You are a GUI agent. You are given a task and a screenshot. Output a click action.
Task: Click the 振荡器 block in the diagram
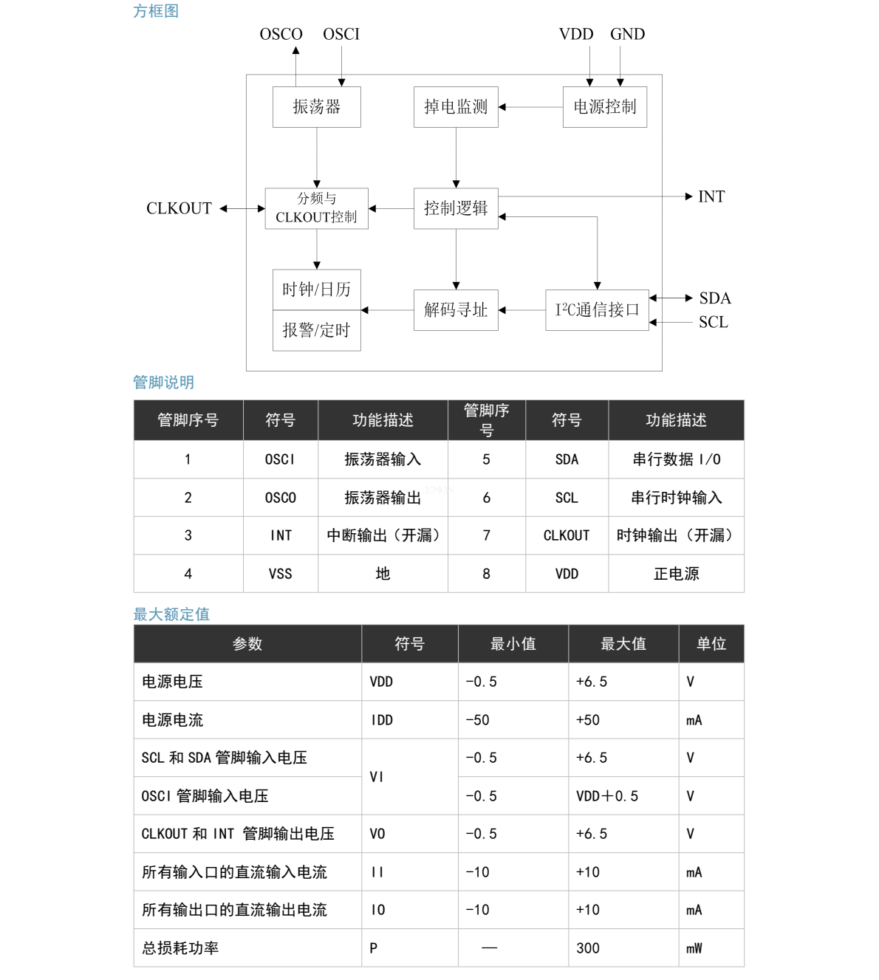[316, 107]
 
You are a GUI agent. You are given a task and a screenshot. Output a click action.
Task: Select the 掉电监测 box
[456, 107]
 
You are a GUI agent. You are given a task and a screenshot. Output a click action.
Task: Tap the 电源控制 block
[605, 107]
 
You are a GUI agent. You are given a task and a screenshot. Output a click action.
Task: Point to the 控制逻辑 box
[456, 208]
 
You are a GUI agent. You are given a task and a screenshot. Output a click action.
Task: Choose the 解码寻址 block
[456, 310]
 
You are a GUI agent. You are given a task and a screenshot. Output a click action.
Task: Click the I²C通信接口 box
[597, 310]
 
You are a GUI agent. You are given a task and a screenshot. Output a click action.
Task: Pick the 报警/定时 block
[316, 330]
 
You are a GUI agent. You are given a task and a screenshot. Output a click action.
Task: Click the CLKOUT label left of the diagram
[179, 208]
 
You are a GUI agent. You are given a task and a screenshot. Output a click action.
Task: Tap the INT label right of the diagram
[711, 196]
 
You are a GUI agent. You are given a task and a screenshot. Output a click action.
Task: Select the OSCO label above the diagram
[281, 34]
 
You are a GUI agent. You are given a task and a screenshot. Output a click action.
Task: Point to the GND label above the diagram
[627, 34]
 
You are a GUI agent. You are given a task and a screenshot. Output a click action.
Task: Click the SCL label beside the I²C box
[713, 322]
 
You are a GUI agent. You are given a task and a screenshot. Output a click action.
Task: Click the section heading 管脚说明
[163, 382]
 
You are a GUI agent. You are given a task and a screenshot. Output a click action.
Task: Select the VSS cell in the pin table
[281, 574]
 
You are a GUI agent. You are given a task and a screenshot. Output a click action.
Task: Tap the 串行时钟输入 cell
[677, 497]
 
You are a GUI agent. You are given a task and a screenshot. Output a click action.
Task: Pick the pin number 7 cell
[487, 535]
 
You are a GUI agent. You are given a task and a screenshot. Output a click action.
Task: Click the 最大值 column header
[623, 644]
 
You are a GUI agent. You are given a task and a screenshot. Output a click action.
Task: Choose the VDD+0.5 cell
[607, 795]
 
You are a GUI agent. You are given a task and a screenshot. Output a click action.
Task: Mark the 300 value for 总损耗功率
[588, 948]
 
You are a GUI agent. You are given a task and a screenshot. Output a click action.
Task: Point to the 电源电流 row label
[172, 720]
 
